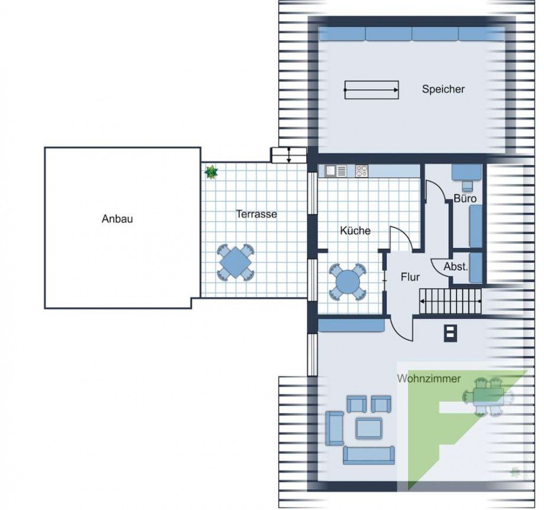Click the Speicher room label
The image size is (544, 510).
click(443, 89)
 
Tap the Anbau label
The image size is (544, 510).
click(117, 219)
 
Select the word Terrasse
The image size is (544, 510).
click(257, 214)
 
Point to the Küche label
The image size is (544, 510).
click(355, 231)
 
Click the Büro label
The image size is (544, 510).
click(465, 199)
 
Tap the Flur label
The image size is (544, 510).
click(410, 276)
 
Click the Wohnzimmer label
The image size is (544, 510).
click(429, 379)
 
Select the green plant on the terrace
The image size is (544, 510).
click(211, 172)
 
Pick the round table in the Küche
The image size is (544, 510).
click(347, 282)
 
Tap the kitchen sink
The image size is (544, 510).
click(331, 171)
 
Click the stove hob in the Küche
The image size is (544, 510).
click(362, 171)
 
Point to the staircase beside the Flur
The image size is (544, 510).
click(451, 302)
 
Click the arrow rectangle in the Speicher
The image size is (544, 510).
click(371, 90)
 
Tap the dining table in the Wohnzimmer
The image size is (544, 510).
click(488, 397)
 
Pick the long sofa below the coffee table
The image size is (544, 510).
click(368, 455)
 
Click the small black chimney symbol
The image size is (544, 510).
click(450, 333)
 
